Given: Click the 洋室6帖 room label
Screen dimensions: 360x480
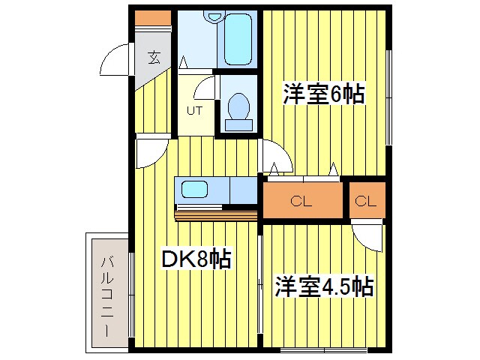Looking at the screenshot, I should pos(323,94).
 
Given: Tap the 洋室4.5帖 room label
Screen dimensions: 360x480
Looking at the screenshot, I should pos(324,286).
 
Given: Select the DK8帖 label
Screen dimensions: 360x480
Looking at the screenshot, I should pos(196,260).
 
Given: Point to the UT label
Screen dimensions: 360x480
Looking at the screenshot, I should pos(194,111).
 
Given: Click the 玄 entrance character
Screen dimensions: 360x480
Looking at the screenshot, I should pos(153,56).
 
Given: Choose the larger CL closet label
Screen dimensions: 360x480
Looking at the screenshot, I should pos(301,200).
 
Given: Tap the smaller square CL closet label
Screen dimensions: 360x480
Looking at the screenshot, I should pos(365,200).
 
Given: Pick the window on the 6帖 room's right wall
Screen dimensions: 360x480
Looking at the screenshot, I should pos(388,97).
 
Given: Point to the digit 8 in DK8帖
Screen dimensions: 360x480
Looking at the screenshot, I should pos(201,260).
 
